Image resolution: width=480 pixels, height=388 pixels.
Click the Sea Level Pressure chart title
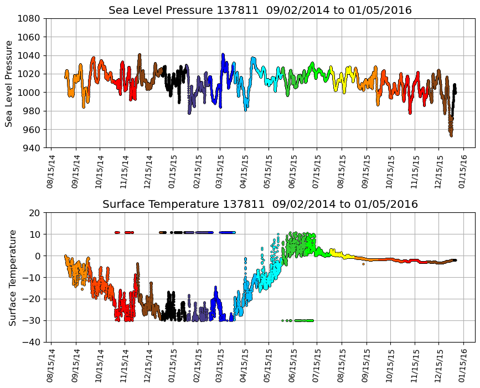(260, 11)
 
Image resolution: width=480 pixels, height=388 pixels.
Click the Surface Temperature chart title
(260, 205)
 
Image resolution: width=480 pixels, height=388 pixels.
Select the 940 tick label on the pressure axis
(31, 148)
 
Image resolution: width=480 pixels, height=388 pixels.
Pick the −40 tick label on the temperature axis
(33, 342)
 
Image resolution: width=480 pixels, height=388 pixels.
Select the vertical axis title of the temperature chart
(12, 277)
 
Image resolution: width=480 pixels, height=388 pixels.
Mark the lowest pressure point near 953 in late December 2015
(451, 135)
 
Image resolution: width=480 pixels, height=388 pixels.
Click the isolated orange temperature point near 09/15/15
(363, 264)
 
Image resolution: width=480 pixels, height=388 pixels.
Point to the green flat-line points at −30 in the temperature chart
(303, 320)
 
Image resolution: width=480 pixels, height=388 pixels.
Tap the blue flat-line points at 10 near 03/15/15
(227, 232)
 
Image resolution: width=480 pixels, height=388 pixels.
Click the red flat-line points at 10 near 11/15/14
(128, 232)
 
